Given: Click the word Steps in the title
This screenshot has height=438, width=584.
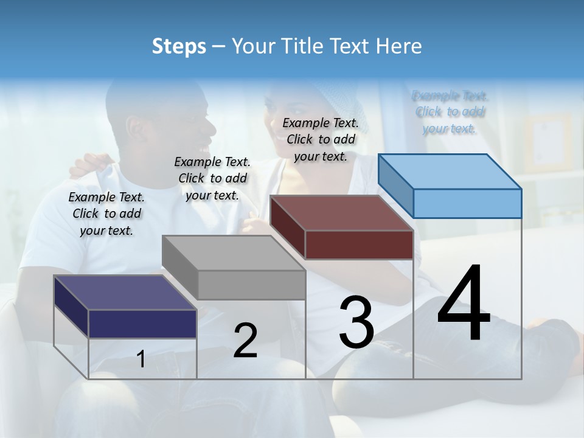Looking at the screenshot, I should click(x=178, y=46).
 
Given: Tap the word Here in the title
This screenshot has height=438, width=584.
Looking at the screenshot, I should click(x=399, y=46).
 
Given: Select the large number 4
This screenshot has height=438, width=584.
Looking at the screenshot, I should click(x=464, y=304).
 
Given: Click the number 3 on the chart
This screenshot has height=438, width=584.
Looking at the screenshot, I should click(x=356, y=323).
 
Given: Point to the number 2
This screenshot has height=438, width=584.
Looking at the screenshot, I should click(x=245, y=341).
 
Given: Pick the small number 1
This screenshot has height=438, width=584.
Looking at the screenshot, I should click(x=141, y=360).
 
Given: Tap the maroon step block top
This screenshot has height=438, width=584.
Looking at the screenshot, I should click(x=341, y=213).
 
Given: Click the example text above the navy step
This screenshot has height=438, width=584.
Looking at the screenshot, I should click(x=106, y=214).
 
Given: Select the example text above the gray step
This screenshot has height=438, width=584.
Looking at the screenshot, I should click(x=212, y=178).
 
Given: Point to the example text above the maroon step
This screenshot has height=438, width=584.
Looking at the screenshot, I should click(x=321, y=139).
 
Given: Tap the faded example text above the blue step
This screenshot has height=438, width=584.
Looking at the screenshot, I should click(x=450, y=112).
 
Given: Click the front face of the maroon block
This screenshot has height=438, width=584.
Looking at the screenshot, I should click(x=359, y=245).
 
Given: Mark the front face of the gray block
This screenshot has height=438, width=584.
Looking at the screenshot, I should click(x=251, y=285).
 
